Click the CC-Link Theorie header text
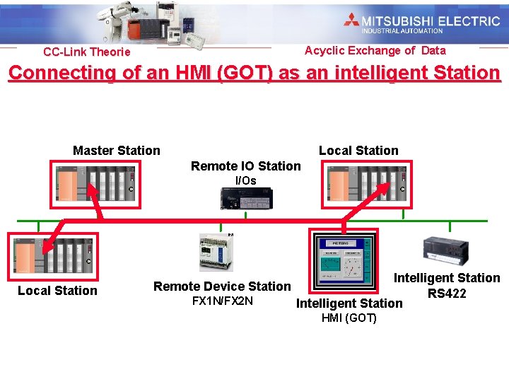pos(86,52)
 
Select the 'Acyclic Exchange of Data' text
pos(375,50)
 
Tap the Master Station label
pos(117,150)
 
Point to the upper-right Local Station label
pos(358,150)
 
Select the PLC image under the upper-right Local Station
pos(365,183)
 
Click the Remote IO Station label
pos(245,166)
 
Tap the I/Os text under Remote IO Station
pos(245,180)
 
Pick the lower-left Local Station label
pos(57,290)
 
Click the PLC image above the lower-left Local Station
pos(51,255)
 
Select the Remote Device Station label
pos(222,286)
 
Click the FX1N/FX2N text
pos(222,301)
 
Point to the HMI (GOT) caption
pos(349,318)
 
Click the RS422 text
pos(447,293)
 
